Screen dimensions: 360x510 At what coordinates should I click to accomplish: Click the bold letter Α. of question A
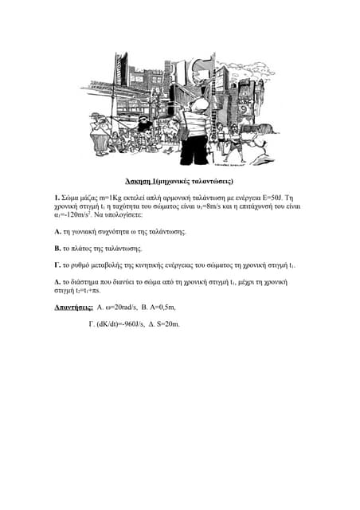[x=57, y=231]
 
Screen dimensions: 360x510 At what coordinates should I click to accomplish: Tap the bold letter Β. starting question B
[x=57, y=248]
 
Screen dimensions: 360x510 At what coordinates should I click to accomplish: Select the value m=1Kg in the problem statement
[x=115, y=197]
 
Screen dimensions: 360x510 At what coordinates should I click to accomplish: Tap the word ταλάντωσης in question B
[x=123, y=248]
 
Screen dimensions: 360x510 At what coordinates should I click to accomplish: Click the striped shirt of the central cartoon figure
[x=195, y=123]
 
